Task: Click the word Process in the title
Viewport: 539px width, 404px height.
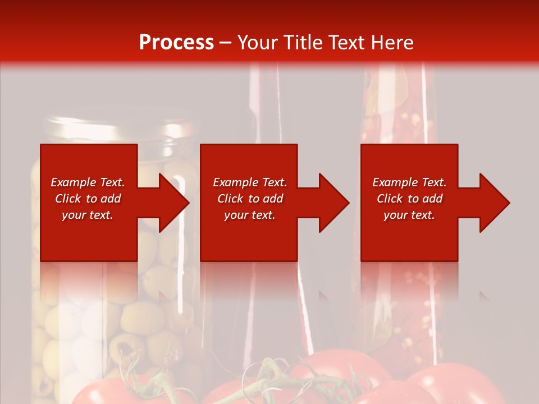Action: pos(176,43)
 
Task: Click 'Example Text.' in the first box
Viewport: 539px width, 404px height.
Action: pos(88,182)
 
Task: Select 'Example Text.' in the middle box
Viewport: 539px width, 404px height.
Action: pos(250,182)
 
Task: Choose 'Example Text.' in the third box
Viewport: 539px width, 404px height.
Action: pos(409,182)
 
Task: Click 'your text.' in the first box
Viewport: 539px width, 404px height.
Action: pos(88,215)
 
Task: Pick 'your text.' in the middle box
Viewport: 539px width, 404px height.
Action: pos(250,215)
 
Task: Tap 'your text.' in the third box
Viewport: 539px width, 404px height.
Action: pos(409,215)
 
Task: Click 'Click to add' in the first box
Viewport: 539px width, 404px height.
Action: pos(88,199)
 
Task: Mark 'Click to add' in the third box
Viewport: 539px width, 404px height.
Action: pos(409,199)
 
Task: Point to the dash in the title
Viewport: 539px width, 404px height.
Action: pos(226,43)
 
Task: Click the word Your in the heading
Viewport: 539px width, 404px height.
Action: pos(258,43)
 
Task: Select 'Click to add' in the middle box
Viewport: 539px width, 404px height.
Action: pos(250,199)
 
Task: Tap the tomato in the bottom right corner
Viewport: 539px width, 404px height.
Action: pos(460,384)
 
